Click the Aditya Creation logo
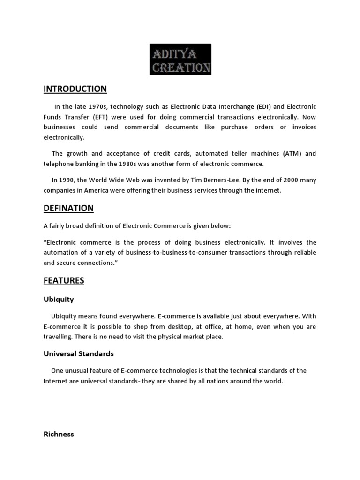click(x=180, y=60)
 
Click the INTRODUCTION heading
click(x=75, y=89)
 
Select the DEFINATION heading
click(x=68, y=208)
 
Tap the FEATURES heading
click(x=64, y=281)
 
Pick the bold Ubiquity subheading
click(x=59, y=299)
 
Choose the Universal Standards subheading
click(x=79, y=353)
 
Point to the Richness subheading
click(x=59, y=434)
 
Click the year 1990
click(x=67, y=180)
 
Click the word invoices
click(x=303, y=127)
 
